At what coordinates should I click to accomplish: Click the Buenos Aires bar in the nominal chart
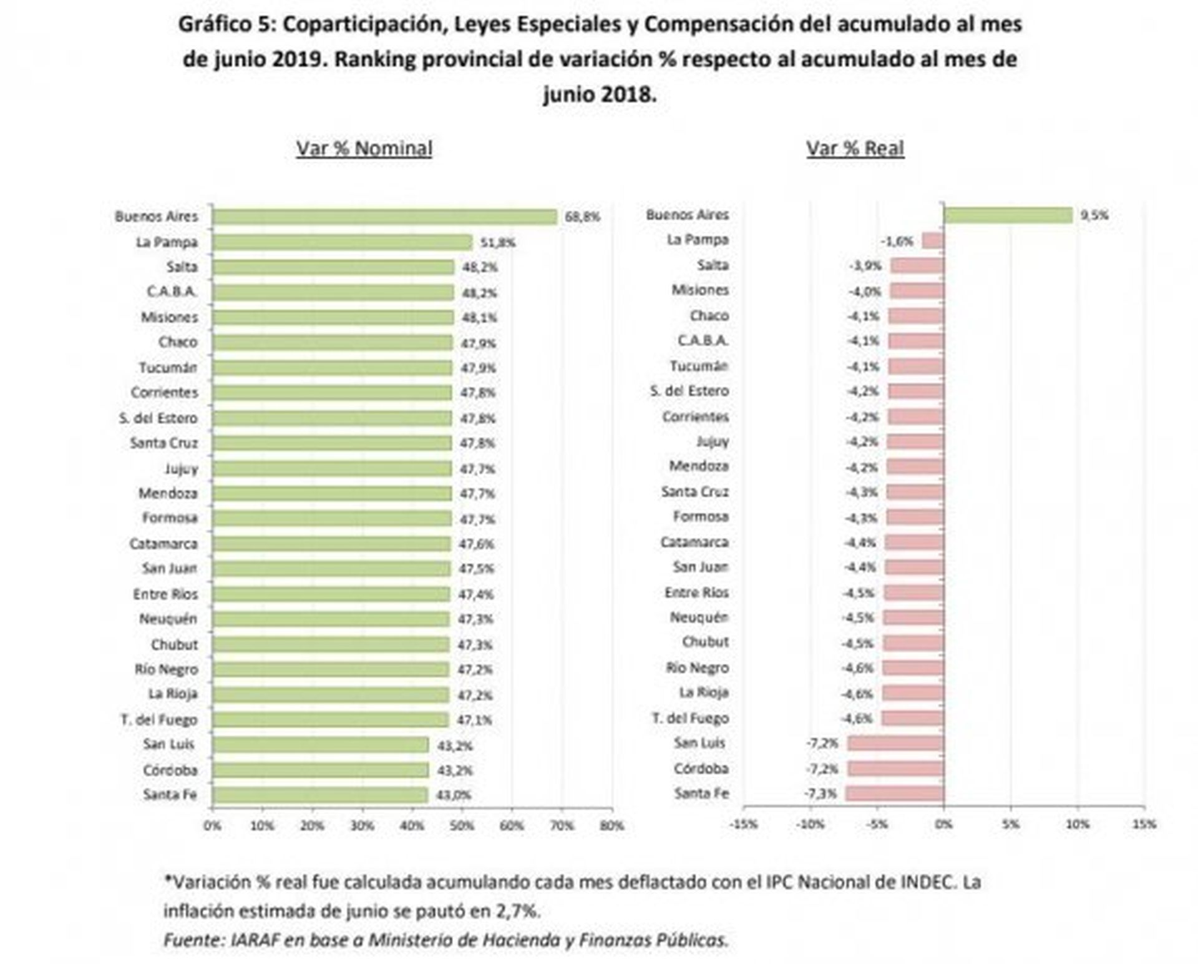(x=384, y=217)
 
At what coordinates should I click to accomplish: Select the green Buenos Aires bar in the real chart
(x=1008, y=215)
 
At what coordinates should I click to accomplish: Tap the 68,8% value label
(x=582, y=217)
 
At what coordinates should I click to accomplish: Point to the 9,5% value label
(x=1094, y=215)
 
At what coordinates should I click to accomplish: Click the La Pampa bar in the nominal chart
(x=342, y=242)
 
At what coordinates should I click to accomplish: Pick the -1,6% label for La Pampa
(x=897, y=241)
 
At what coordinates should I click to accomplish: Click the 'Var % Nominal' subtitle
(x=364, y=149)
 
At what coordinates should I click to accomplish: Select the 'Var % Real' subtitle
(x=855, y=149)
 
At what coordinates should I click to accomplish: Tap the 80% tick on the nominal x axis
(x=611, y=825)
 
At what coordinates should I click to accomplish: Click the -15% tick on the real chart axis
(x=743, y=824)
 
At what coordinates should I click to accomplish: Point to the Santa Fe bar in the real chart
(x=895, y=794)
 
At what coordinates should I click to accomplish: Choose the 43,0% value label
(x=454, y=795)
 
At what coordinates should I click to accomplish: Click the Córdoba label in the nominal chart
(x=170, y=770)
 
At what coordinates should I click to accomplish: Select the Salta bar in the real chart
(x=917, y=266)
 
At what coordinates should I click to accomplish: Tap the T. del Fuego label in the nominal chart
(x=159, y=720)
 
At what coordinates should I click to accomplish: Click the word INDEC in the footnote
(x=928, y=882)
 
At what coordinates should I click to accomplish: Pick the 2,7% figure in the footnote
(x=517, y=911)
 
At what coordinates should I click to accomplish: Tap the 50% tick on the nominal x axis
(x=462, y=825)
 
